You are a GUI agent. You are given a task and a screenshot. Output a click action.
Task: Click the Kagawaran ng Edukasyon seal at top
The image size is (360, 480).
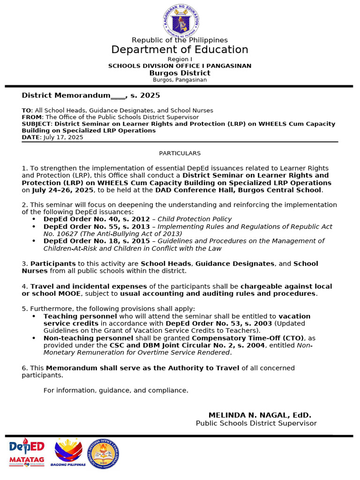(180, 19)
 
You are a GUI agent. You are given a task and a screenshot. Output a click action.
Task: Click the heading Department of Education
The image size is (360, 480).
(180, 50)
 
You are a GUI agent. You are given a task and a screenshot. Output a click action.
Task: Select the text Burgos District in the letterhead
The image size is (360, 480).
(180, 73)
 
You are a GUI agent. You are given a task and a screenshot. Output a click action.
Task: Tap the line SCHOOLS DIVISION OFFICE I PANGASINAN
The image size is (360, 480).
(180, 66)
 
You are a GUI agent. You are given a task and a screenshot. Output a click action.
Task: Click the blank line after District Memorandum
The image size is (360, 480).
(118, 96)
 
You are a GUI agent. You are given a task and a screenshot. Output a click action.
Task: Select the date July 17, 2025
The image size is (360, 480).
(63, 137)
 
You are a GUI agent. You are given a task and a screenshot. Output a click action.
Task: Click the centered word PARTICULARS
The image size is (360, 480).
(180, 153)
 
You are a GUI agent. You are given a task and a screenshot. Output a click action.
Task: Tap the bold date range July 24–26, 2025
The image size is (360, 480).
(63, 190)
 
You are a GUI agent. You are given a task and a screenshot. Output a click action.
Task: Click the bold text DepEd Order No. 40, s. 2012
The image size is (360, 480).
(98, 219)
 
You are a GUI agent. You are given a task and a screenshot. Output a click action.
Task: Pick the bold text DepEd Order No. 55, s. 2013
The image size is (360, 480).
(98, 226)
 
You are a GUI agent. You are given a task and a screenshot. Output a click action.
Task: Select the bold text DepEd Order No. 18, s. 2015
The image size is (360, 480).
(98, 241)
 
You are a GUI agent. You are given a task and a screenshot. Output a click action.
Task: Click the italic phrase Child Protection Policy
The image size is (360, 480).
(195, 219)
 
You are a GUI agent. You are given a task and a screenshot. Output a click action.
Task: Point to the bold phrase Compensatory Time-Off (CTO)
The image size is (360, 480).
(248, 338)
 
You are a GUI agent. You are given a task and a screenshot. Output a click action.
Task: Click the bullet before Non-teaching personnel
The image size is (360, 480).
(34, 338)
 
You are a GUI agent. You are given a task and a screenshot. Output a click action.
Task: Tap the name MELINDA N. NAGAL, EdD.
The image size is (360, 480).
(260, 415)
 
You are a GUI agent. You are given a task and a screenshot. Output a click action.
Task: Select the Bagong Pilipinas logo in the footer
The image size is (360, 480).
(68, 453)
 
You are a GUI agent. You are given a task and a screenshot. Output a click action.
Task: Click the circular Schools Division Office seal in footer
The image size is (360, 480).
(104, 454)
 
